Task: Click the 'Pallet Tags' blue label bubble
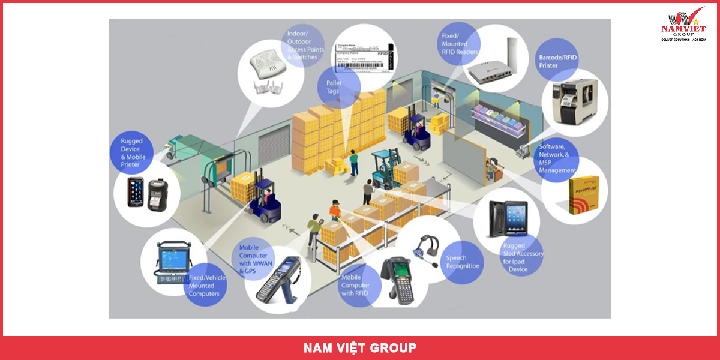point(334,86)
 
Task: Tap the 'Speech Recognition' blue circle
point(463,262)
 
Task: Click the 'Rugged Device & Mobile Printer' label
point(131,153)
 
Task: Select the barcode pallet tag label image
point(364,57)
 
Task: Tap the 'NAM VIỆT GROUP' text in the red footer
point(360,348)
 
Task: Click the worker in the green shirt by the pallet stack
point(354,162)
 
